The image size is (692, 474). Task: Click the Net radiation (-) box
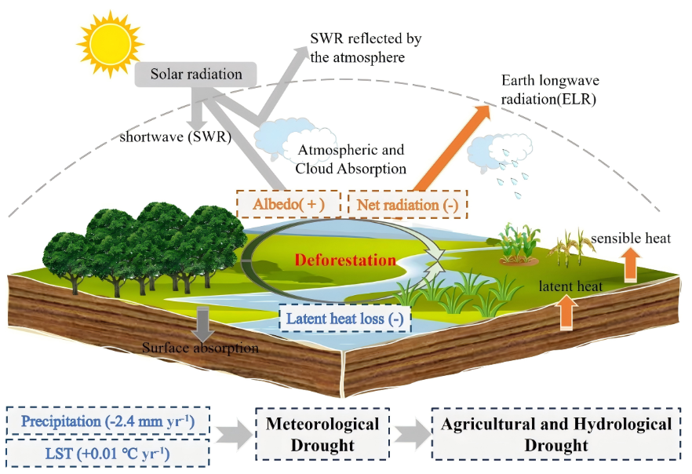click(406, 204)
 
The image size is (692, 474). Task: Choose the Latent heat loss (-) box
click(344, 319)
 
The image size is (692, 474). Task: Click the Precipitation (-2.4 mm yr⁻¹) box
click(108, 421)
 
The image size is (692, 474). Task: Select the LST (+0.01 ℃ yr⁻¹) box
click(108, 453)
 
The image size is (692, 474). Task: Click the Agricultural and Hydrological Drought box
click(556, 434)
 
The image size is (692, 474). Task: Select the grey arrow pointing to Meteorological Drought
click(235, 434)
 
